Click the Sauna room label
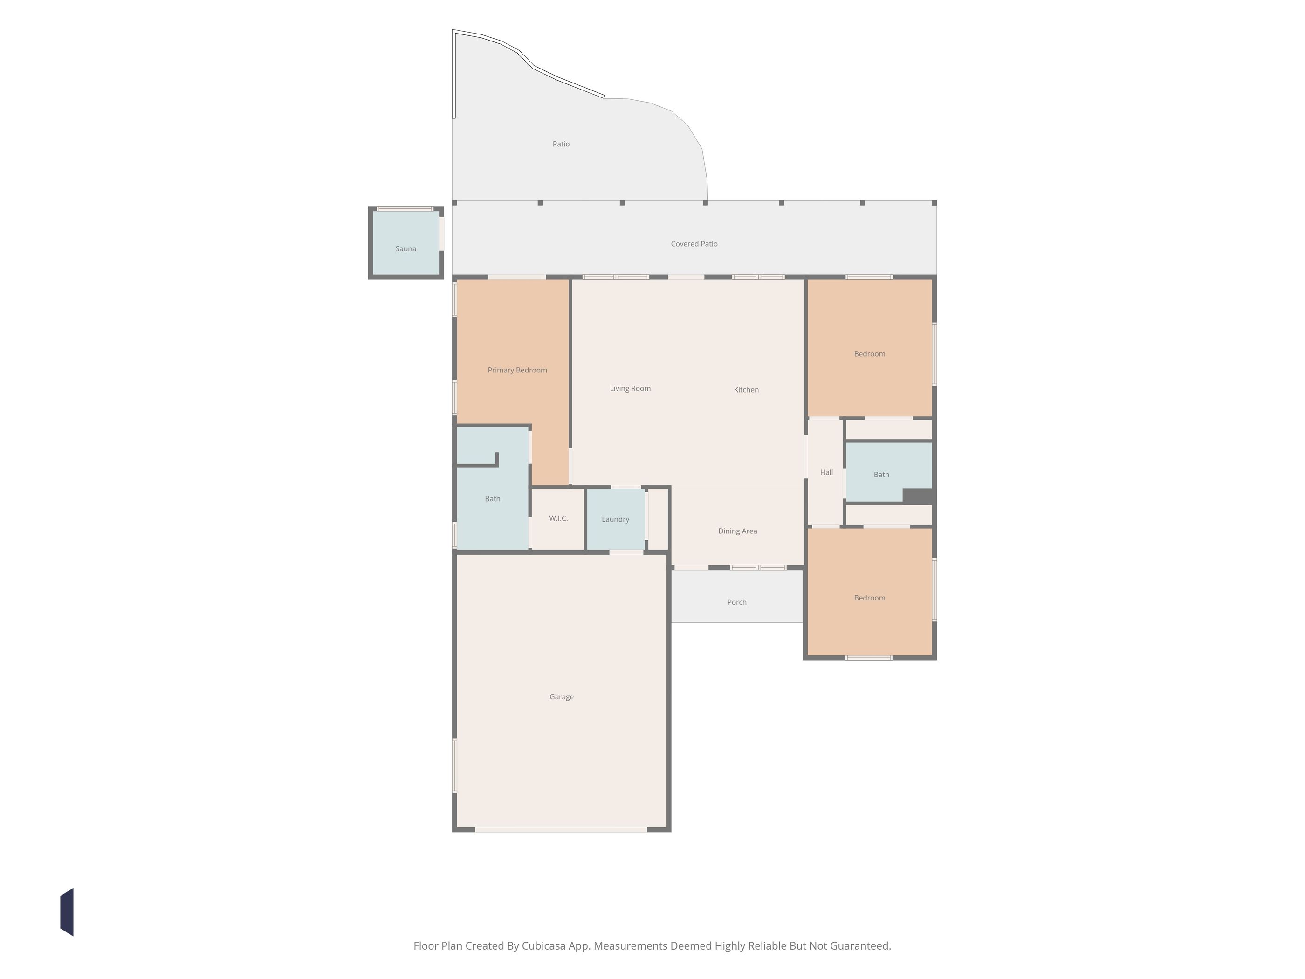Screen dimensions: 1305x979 tap(406, 249)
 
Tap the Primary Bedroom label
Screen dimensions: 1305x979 tap(517, 371)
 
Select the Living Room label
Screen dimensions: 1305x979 tap(630, 389)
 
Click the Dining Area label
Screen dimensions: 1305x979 tap(737, 531)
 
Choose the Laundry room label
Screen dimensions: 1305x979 tap(615, 520)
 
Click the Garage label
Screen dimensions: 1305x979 tap(562, 697)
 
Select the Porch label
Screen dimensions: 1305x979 tap(737, 602)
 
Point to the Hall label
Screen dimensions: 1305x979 tap(826, 473)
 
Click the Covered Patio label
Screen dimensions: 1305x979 tap(694, 244)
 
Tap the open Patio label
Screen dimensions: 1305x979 tap(561, 144)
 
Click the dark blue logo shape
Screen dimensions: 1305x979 tap(67, 912)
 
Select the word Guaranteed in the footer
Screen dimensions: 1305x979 tap(861, 946)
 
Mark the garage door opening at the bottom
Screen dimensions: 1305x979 tap(561, 830)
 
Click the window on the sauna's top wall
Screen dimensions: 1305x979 tap(405, 208)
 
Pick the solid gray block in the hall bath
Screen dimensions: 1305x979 tap(918, 496)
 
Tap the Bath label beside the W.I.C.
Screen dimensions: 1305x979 tap(493, 499)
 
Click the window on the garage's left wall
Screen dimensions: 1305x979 tap(455, 765)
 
